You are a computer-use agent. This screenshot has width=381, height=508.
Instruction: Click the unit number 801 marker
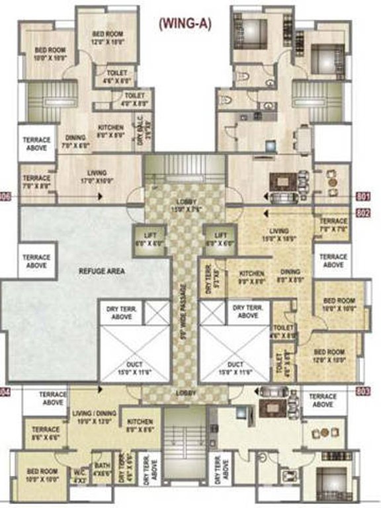click(x=363, y=196)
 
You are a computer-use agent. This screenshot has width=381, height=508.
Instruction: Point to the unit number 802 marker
click(x=363, y=213)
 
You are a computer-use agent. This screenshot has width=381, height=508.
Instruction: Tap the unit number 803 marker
click(x=363, y=392)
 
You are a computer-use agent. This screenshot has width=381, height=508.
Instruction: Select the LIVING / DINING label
click(x=93, y=417)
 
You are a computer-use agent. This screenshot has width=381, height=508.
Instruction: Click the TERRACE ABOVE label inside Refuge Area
click(x=36, y=261)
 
